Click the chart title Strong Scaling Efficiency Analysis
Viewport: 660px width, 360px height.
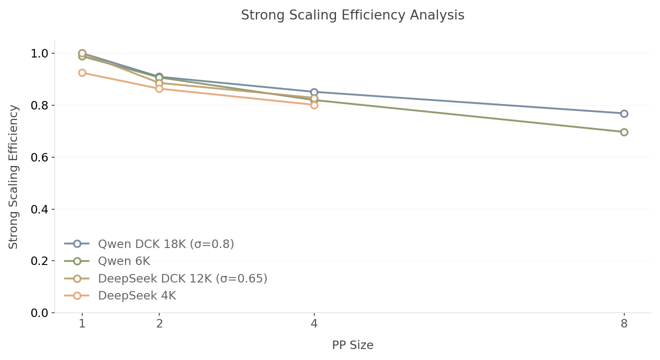pyautogui.click(x=352, y=15)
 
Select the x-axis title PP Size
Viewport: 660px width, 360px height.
pyautogui.click(x=352, y=345)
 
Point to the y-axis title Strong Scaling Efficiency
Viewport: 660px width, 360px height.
pyautogui.click(x=13, y=176)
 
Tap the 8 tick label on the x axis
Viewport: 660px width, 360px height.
pyautogui.click(x=624, y=324)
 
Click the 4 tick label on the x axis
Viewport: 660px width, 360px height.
pyautogui.click(x=314, y=324)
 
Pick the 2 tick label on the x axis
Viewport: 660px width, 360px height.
pyautogui.click(x=159, y=324)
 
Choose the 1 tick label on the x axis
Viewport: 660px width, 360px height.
pyautogui.click(x=82, y=324)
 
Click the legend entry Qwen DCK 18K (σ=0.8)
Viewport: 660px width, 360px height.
pyautogui.click(x=165, y=244)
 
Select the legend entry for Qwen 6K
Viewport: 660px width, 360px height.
pyautogui.click(x=123, y=261)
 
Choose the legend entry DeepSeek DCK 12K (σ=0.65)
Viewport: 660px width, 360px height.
pyautogui.click(x=182, y=278)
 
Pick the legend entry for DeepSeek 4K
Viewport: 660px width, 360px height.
pyautogui.click(x=136, y=296)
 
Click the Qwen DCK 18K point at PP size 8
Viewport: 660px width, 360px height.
pyautogui.click(x=624, y=113)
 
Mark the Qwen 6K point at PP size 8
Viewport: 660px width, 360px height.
pyautogui.click(x=624, y=132)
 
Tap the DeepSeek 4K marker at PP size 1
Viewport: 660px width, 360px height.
pyautogui.click(x=82, y=72)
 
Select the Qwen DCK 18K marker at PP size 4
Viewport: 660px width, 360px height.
pyautogui.click(x=314, y=92)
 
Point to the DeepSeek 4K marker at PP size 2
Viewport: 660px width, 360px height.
pyautogui.click(x=159, y=88)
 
